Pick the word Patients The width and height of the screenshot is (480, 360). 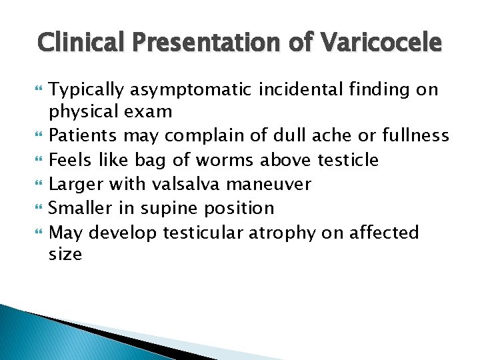click(83, 135)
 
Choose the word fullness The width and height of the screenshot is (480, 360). click(416, 135)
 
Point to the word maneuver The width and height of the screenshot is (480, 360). click(277, 184)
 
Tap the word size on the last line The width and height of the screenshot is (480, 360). click(65, 254)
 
